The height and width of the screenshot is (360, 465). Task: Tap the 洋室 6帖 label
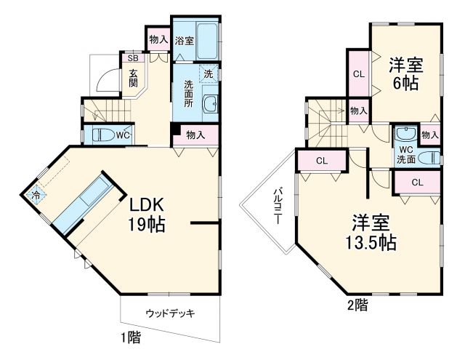point(405,73)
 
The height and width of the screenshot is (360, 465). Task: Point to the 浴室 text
point(185,41)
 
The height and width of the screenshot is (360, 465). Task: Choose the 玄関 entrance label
point(134,78)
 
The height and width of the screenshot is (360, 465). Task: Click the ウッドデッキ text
point(170,313)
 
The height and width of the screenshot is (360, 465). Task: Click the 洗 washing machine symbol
point(209,73)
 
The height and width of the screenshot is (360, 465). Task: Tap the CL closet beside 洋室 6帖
point(358,73)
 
